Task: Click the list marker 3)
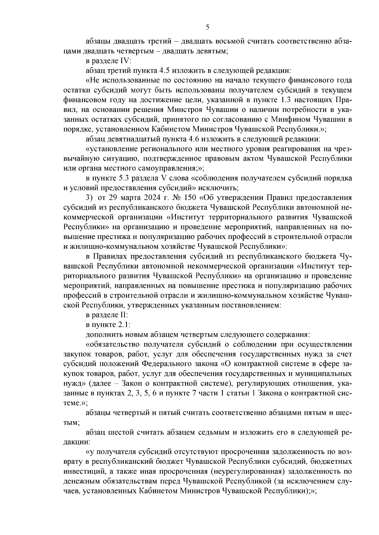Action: click(90, 198)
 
